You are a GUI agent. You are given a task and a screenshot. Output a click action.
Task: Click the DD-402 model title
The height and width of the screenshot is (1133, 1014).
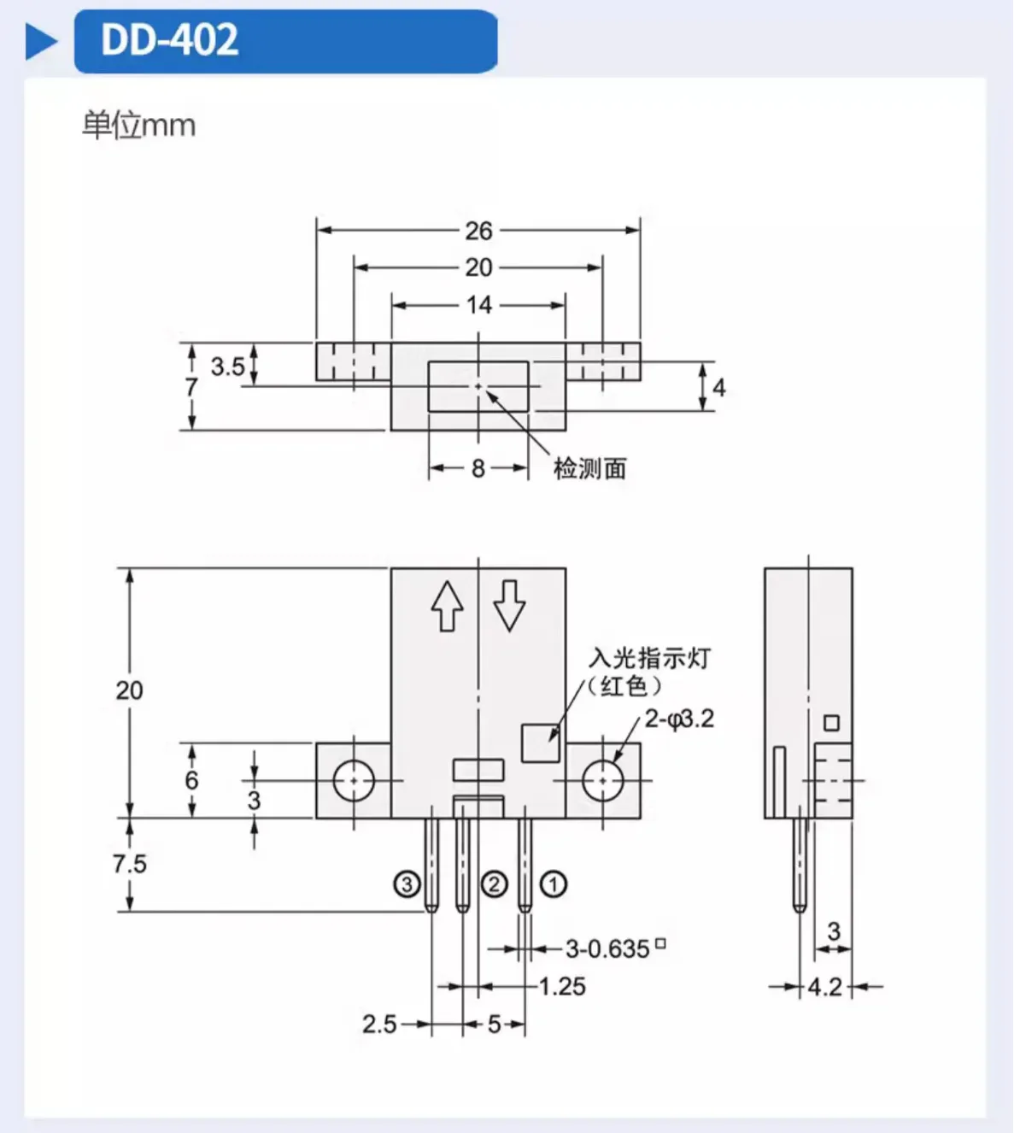coord(169,39)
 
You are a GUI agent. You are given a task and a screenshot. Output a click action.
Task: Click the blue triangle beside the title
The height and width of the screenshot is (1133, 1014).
coord(41,41)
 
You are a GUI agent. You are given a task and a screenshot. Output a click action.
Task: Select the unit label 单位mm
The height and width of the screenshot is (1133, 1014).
coord(138,126)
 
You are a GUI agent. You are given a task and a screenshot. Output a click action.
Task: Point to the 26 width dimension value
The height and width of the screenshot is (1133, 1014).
coord(478,231)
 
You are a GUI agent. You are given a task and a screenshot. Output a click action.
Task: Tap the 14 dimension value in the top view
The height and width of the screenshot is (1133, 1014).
coord(479,305)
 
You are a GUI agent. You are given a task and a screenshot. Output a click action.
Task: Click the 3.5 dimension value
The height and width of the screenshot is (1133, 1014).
coord(227,367)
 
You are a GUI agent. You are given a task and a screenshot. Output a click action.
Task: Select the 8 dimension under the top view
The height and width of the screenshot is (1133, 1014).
coord(478,468)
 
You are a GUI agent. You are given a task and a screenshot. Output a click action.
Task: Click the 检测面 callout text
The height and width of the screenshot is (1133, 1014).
coord(589,468)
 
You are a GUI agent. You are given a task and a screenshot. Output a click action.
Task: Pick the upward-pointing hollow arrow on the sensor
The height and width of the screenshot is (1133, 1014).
coord(448,606)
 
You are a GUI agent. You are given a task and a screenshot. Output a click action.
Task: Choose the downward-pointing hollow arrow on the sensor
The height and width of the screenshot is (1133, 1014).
coord(509,606)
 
